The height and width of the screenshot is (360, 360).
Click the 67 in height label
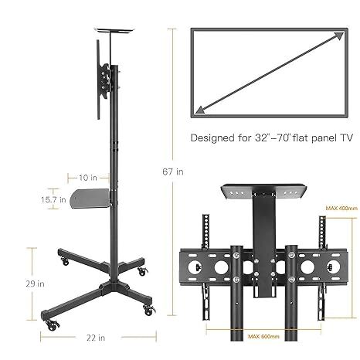click(175, 172)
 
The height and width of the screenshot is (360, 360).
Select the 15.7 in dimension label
click(52, 199)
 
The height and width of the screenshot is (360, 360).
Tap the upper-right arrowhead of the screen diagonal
click(338, 35)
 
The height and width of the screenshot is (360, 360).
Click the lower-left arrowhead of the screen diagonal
click(200, 110)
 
